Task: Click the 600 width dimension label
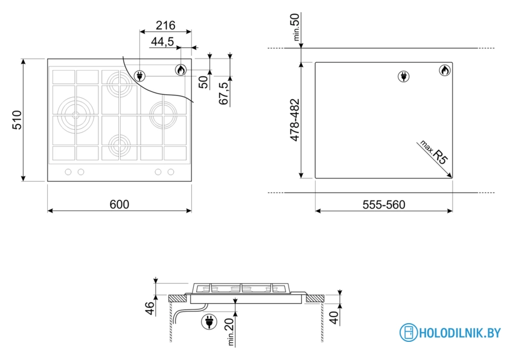pos(120,204)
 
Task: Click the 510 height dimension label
pos(17,120)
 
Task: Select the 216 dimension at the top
pos(165,25)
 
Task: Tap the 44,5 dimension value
pos(162,42)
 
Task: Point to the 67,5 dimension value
pos(224,93)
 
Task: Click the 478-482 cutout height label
pos(295,120)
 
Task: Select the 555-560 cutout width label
pos(384,205)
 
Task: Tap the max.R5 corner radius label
pos(434,152)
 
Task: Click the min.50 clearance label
pos(296,27)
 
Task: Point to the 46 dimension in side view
pos(150,308)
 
